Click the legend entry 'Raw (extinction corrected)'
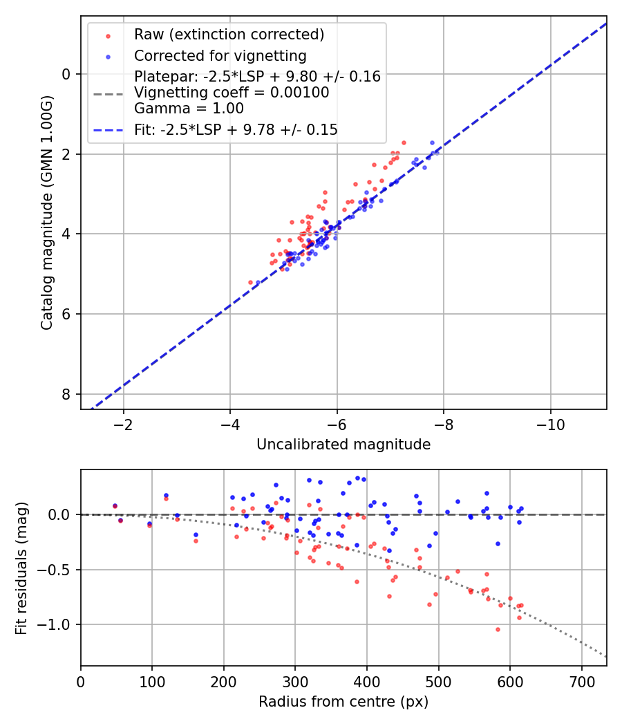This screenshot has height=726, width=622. tap(229, 35)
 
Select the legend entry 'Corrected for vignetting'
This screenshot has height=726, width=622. tap(220, 55)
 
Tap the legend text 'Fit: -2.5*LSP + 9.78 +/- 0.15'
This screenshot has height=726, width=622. tap(236, 129)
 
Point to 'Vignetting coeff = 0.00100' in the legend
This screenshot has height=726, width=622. tap(232, 93)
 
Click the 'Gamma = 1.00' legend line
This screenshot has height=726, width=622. tap(189, 109)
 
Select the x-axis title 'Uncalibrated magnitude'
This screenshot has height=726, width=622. tap(343, 445)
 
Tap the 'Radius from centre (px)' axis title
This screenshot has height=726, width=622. tap(343, 702)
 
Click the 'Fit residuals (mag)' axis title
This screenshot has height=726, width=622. tap(21, 568)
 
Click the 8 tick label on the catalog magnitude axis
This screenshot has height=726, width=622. tap(67, 394)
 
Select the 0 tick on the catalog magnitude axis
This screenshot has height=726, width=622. tap(67, 74)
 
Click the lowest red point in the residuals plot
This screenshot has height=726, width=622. tap(498, 629)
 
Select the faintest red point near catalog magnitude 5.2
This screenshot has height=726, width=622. tap(250, 282)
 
